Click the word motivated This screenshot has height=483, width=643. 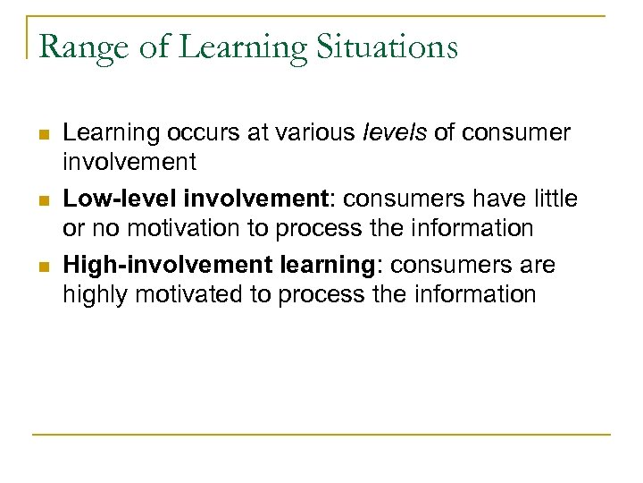[192, 294]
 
